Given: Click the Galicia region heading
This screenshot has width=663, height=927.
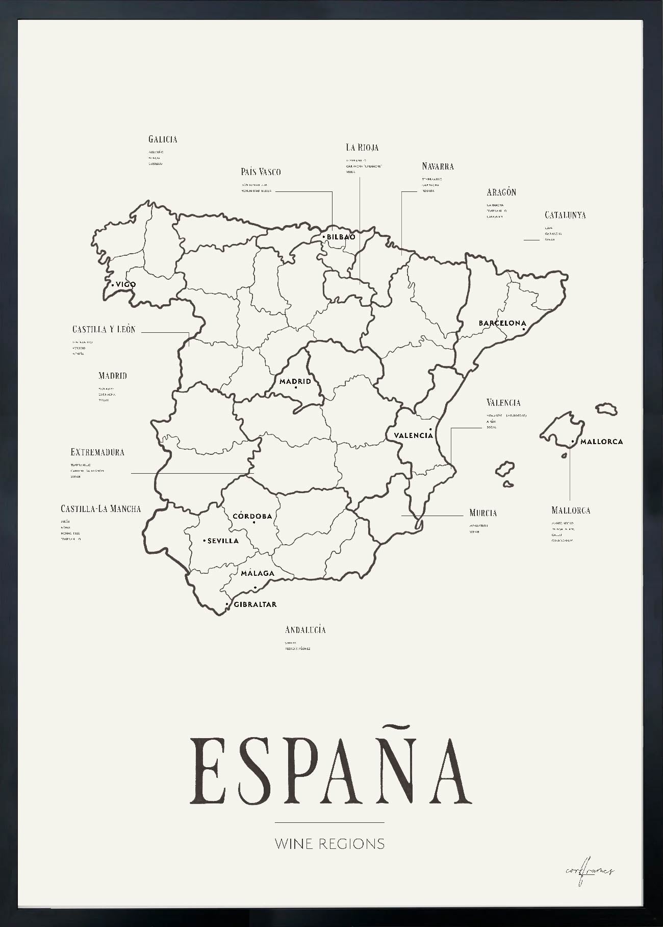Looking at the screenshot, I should tap(163, 139).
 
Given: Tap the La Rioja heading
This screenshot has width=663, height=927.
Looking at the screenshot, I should tap(362, 148).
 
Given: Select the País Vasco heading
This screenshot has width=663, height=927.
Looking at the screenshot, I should tap(261, 172).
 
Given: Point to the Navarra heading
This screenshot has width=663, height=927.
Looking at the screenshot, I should tap(438, 166).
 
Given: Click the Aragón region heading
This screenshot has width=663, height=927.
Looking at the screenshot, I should tap(501, 192).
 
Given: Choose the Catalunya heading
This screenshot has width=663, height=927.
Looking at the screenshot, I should tap(565, 215).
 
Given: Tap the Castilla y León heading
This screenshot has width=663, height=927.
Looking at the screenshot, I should tap(104, 329).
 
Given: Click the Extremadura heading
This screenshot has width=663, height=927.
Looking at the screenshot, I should tap(97, 452).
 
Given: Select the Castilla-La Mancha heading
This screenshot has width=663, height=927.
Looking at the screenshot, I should tap(100, 508).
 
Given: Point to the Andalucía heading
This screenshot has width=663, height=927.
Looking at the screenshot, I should tap(305, 629).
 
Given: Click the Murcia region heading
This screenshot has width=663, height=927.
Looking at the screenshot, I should tap(483, 513).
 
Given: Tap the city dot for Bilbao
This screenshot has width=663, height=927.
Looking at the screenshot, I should tap(324, 237).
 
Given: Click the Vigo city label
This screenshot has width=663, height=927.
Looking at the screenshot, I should tap(125, 284).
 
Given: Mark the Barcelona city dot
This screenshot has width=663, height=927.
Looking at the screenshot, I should tap(524, 329).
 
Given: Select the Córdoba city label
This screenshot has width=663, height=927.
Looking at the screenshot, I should tap(252, 516).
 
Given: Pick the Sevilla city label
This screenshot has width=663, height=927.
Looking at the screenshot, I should tap(223, 541).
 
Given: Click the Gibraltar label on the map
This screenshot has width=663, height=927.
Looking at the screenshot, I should tap(255, 604).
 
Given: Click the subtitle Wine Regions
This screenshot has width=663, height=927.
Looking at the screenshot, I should tap(329, 843).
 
